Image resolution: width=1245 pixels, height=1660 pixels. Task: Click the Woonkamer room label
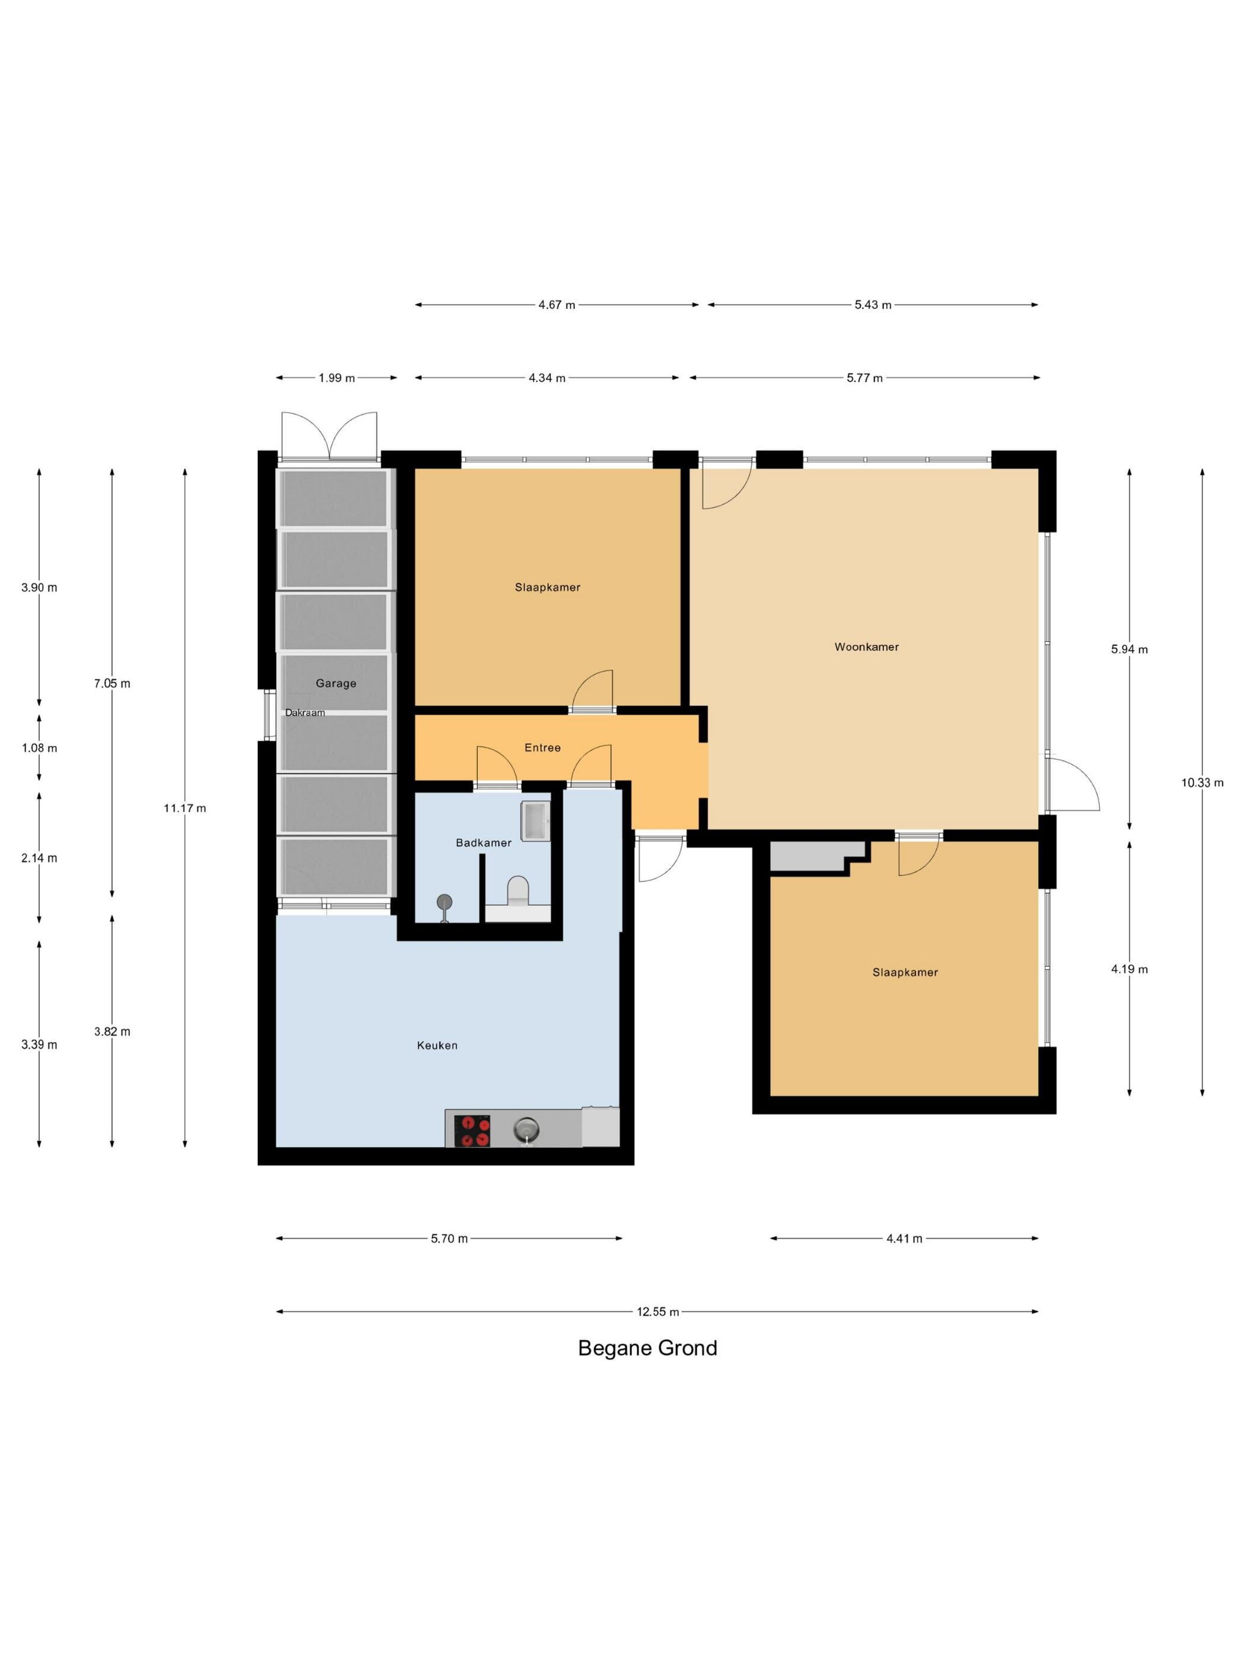[x=866, y=647]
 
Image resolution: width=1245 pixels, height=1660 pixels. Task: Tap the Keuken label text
[x=437, y=1045]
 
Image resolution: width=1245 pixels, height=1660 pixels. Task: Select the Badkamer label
[x=483, y=843]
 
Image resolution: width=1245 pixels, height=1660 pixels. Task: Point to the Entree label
[x=542, y=748]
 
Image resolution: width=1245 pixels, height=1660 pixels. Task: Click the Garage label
[x=336, y=683]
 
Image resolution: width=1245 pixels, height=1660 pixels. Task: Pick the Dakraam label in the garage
[x=305, y=713]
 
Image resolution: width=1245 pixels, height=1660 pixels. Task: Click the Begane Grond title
[x=647, y=1349]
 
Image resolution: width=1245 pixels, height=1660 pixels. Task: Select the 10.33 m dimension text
[x=1202, y=783]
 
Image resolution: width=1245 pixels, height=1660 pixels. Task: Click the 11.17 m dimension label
[x=184, y=808]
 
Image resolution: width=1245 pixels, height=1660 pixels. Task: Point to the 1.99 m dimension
[x=336, y=378]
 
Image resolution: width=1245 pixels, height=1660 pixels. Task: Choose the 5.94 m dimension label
[x=1129, y=650]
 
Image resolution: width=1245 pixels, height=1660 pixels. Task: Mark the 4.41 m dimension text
[x=904, y=1239]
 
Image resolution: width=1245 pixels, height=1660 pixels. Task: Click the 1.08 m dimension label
[x=39, y=748]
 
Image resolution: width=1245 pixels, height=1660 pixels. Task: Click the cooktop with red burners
[x=472, y=1131]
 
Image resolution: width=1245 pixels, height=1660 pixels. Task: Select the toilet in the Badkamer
[x=518, y=892]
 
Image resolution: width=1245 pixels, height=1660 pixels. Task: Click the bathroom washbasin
[x=535, y=821]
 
